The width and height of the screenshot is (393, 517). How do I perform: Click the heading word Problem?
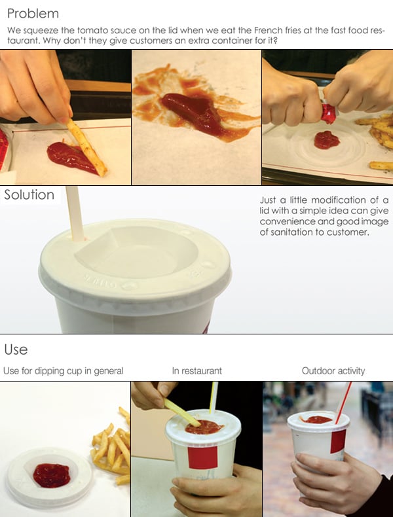coord(33,14)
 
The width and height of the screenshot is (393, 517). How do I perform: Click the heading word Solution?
coord(29,194)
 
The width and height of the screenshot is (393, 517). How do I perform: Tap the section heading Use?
coord(16,349)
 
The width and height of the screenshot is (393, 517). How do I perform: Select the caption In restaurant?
coord(196,371)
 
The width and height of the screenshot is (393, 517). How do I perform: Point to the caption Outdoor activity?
coord(333,371)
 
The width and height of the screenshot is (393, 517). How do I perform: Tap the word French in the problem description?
coord(269,30)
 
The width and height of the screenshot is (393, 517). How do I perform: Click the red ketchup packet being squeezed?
coord(329,112)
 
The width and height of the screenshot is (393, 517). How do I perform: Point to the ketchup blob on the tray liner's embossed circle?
coord(327,140)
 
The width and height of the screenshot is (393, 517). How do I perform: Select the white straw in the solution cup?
coord(75,213)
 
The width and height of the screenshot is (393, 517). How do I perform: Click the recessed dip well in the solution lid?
coord(136,251)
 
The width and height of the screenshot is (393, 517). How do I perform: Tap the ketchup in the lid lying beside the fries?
coord(52,475)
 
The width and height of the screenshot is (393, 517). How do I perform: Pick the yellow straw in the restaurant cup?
coord(214,397)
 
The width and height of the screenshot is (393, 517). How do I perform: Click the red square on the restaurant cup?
coord(202,457)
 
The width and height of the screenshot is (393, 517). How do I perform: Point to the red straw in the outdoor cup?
coord(343,402)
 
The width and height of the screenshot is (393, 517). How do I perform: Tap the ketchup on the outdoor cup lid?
coord(317,419)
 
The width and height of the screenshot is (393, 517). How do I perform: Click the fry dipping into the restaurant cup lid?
coord(182,412)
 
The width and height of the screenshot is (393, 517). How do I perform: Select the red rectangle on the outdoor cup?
coord(338,441)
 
